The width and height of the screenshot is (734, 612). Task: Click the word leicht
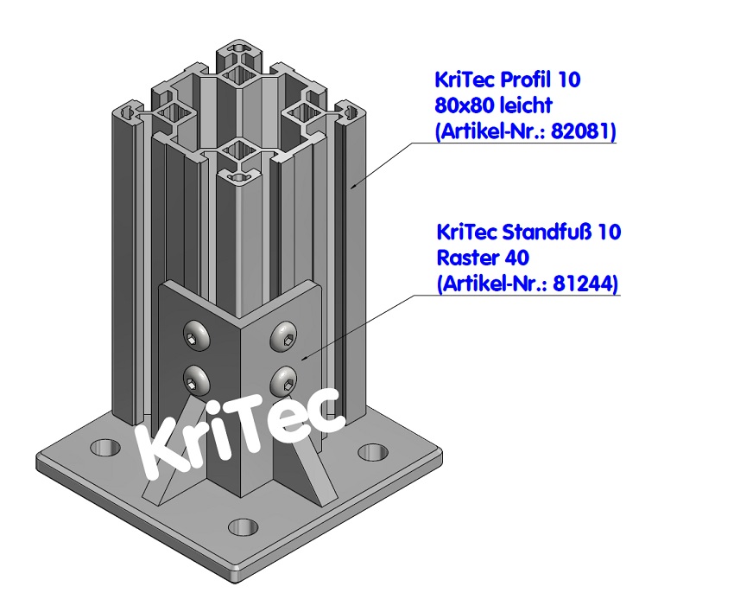point(528,105)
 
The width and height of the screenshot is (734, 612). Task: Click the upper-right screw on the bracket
point(284,335)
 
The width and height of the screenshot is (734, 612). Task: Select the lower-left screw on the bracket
point(197,378)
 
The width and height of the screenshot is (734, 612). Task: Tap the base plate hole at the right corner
point(373,453)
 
